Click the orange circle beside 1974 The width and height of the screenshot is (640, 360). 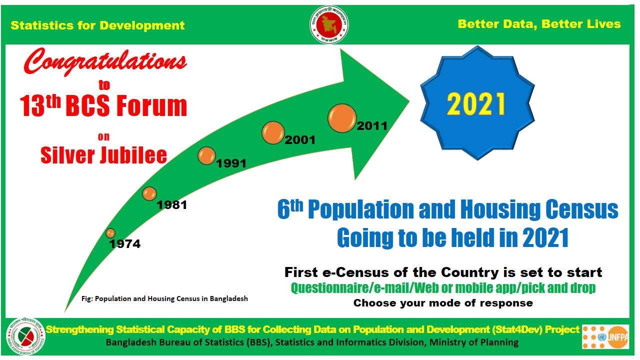110,233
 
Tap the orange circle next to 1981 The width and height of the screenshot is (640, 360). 149,193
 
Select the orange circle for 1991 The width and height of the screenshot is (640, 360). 206,155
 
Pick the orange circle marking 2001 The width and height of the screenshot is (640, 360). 273,132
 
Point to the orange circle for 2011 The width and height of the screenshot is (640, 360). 342,118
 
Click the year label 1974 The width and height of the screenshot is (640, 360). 125,244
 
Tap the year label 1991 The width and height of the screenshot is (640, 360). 231,163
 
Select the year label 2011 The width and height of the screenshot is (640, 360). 372,126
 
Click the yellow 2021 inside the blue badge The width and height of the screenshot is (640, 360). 476,104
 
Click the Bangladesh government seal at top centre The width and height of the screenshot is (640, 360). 329,24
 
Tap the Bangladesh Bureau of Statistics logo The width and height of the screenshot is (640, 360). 25,336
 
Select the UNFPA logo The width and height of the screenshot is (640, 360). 605,337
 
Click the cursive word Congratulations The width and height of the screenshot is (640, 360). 105,61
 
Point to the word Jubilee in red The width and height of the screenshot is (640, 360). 133,155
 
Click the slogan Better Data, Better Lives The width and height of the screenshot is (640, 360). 539,24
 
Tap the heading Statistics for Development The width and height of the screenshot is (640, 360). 97,25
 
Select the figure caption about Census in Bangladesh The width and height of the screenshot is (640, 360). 164,299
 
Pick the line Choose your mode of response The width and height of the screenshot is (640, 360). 443,303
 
